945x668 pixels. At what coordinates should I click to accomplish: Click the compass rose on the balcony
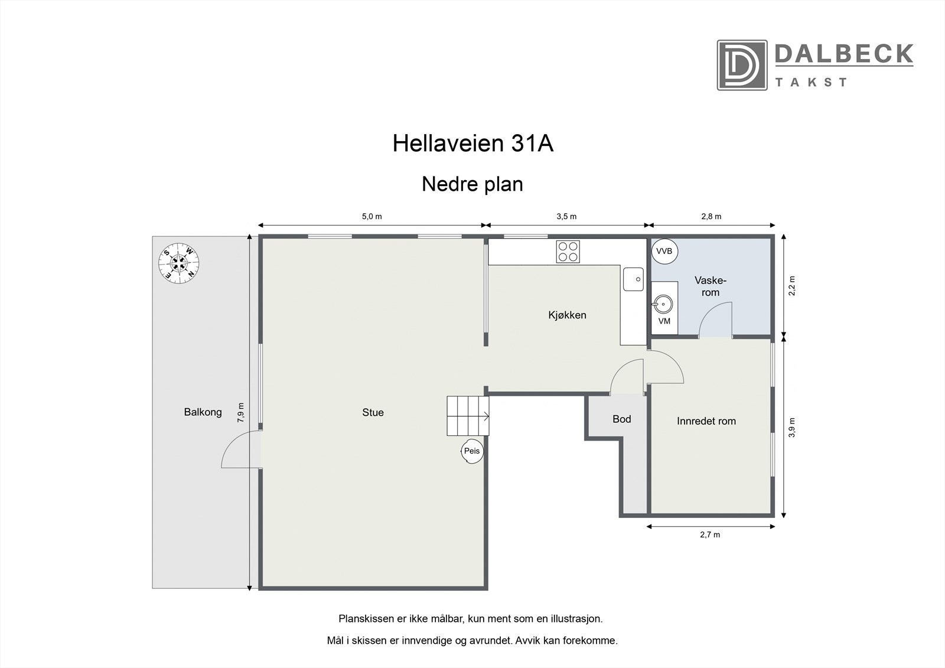pos(178,262)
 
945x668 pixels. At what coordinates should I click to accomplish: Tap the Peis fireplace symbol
pos(472,451)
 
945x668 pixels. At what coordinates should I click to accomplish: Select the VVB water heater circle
pos(664,251)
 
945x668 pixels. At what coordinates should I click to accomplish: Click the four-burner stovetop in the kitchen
pos(568,252)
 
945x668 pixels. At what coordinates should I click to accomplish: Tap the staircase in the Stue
pos(467,416)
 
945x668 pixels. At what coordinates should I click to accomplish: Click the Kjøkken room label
pos(567,315)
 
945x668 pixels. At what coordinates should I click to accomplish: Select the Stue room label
pos(373,413)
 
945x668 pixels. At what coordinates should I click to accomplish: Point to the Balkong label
pos(203,412)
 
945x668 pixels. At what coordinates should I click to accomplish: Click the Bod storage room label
pos(621,419)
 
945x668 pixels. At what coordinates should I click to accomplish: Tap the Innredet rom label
pos(706,421)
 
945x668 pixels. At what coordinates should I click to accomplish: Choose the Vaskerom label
pos(711,286)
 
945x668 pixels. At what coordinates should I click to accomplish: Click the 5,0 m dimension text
pos(372,216)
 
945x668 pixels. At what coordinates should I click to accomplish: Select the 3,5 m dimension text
pos(566,216)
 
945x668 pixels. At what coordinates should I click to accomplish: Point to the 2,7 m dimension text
pos(710,535)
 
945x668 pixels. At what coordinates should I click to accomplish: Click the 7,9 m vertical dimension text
pos(240,412)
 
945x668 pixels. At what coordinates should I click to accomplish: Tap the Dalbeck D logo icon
pos(742,65)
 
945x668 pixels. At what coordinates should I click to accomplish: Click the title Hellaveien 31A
pos(472,144)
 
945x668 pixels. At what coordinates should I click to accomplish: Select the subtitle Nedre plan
pos(472,184)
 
